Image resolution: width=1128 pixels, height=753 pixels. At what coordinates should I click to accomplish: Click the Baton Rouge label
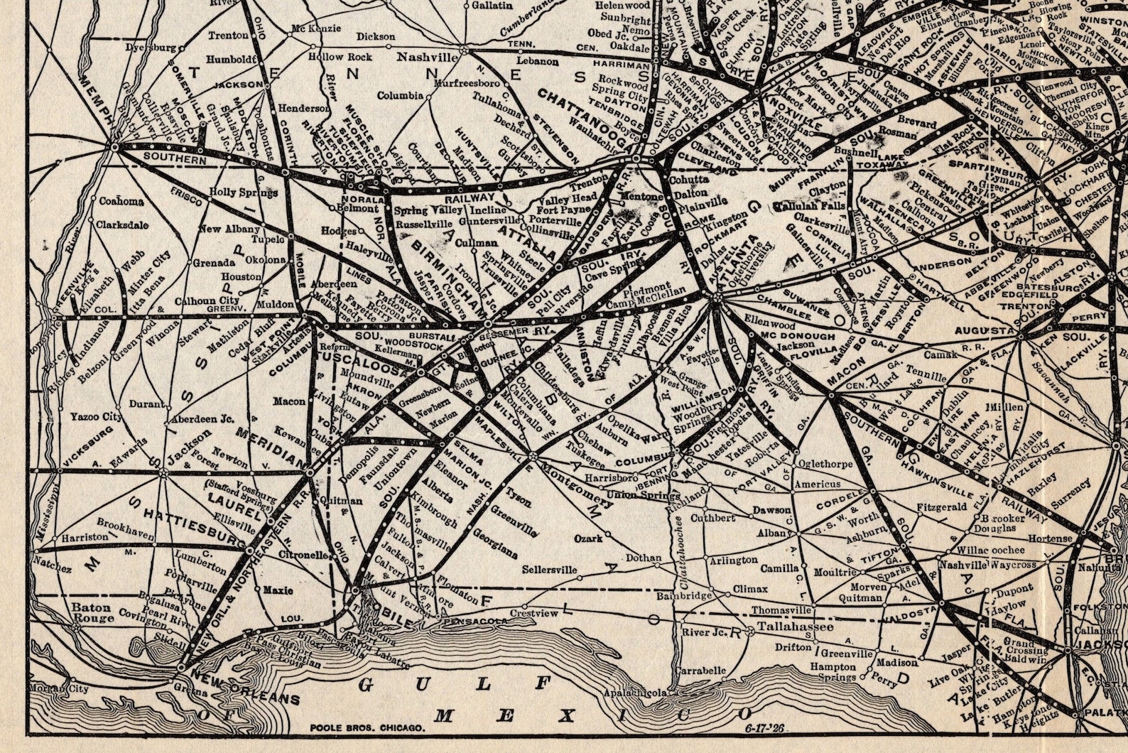(x=93, y=612)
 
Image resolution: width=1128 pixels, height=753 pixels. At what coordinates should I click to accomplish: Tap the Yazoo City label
(x=95, y=416)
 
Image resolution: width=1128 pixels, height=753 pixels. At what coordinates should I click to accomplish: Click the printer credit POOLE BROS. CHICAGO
(x=367, y=727)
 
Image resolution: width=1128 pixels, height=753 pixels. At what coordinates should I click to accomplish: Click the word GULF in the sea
(x=455, y=685)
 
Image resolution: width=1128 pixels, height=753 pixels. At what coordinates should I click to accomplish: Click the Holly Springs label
(x=243, y=193)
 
